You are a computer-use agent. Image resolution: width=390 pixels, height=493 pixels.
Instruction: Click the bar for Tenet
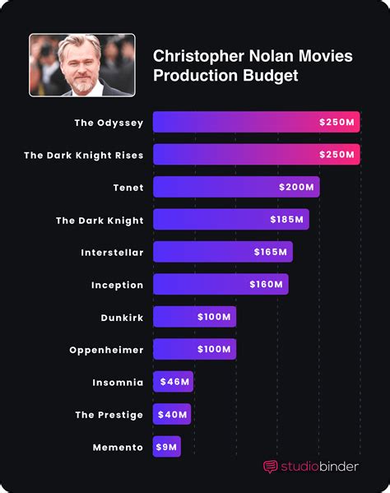pyautogui.click(x=236, y=187)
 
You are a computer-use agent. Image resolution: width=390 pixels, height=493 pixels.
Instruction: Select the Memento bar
pyautogui.click(x=167, y=446)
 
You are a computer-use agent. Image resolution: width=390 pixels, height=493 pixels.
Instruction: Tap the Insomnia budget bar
pyautogui.click(x=173, y=381)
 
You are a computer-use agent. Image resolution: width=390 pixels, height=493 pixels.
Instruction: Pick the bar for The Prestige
pyautogui.click(x=172, y=414)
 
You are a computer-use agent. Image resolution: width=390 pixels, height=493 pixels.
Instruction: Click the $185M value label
pyautogui.click(x=287, y=219)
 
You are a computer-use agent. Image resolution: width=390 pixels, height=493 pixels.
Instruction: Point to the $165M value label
pyautogui.click(x=271, y=252)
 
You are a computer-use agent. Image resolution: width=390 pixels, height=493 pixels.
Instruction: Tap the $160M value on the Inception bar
pyautogui.click(x=267, y=284)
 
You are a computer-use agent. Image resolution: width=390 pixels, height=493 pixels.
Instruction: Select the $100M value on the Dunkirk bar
pyautogui.click(x=214, y=317)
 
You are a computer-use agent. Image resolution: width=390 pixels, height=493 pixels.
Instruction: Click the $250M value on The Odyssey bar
pyautogui.click(x=337, y=122)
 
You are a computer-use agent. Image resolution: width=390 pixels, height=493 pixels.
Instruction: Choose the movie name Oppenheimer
pyautogui.click(x=106, y=350)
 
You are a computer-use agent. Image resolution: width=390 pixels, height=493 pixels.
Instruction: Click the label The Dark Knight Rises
pyautogui.click(x=84, y=156)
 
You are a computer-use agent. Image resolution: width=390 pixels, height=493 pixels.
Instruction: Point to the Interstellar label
pyautogui.click(x=112, y=253)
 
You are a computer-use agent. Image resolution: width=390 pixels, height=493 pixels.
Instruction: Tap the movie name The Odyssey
pyautogui.click(x=109, y=123)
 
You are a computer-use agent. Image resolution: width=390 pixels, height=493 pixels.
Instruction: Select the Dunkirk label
pyautogui.click(x=123, y=318)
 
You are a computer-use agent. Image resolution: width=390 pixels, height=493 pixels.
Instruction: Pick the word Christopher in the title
pyautogui.click(x=198, y=57)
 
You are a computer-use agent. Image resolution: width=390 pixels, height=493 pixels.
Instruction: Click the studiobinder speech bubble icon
pyautogui.click(x=270, y=467)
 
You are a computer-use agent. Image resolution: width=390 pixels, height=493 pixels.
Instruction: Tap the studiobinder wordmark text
pyautogui.click(x=319, y=467)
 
